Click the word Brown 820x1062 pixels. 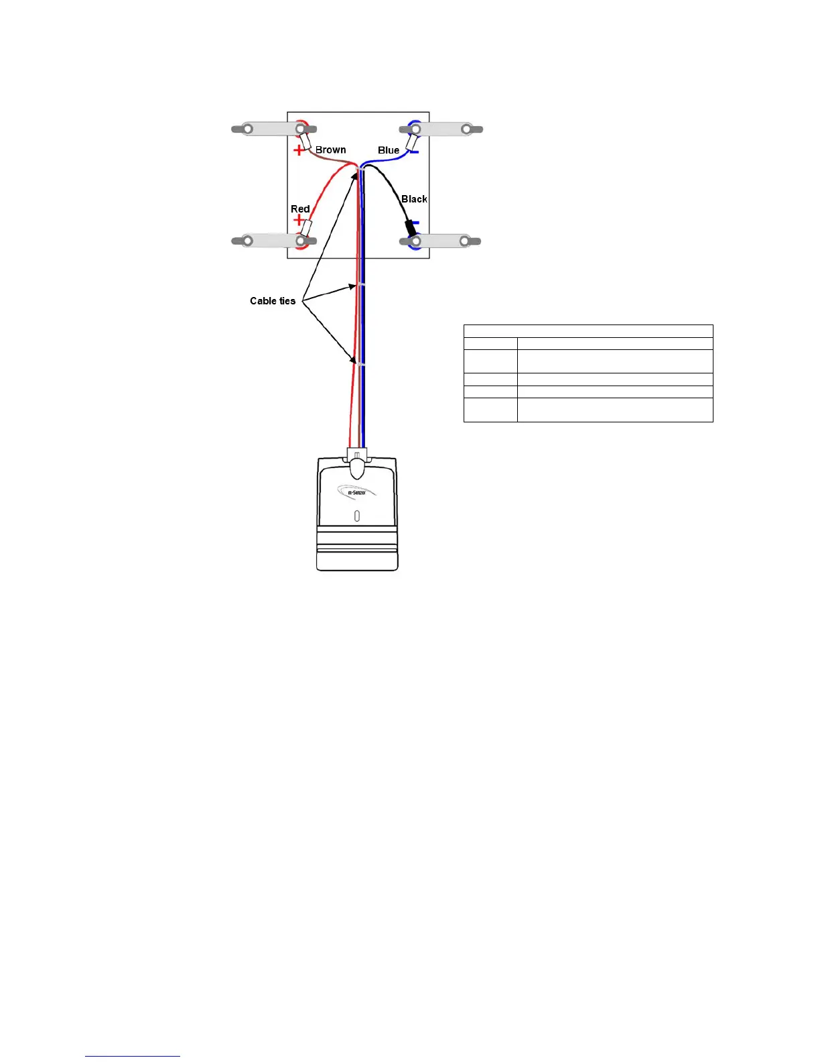pyautogui.click(x=330, y=150)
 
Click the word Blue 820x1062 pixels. pyautogui.click(x=389, y=150)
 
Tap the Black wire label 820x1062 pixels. pyautogui.click(x=414, y=199)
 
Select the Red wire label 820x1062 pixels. pyautogui.click(x=300, y=209)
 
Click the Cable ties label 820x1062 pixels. pyautogui.click(x=273, y=301)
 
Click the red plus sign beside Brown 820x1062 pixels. pyautogui.click(x=299, y=150)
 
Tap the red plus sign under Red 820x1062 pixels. pyautogui.click(x=298, y=219)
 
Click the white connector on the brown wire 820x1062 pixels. pyautogui.click(x=305, y=141)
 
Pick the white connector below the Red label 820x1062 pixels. pyautogui.click(x=306, y=227)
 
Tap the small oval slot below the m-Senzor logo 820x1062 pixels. pyautogui.click(x=356, y=516)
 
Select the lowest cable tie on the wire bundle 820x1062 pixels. pyautogui.click(x=359, y=365)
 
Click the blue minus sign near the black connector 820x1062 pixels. pyautogui.click(x=415, y=223)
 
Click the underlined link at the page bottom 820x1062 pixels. pyautogui.click(x=133, y=1056)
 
